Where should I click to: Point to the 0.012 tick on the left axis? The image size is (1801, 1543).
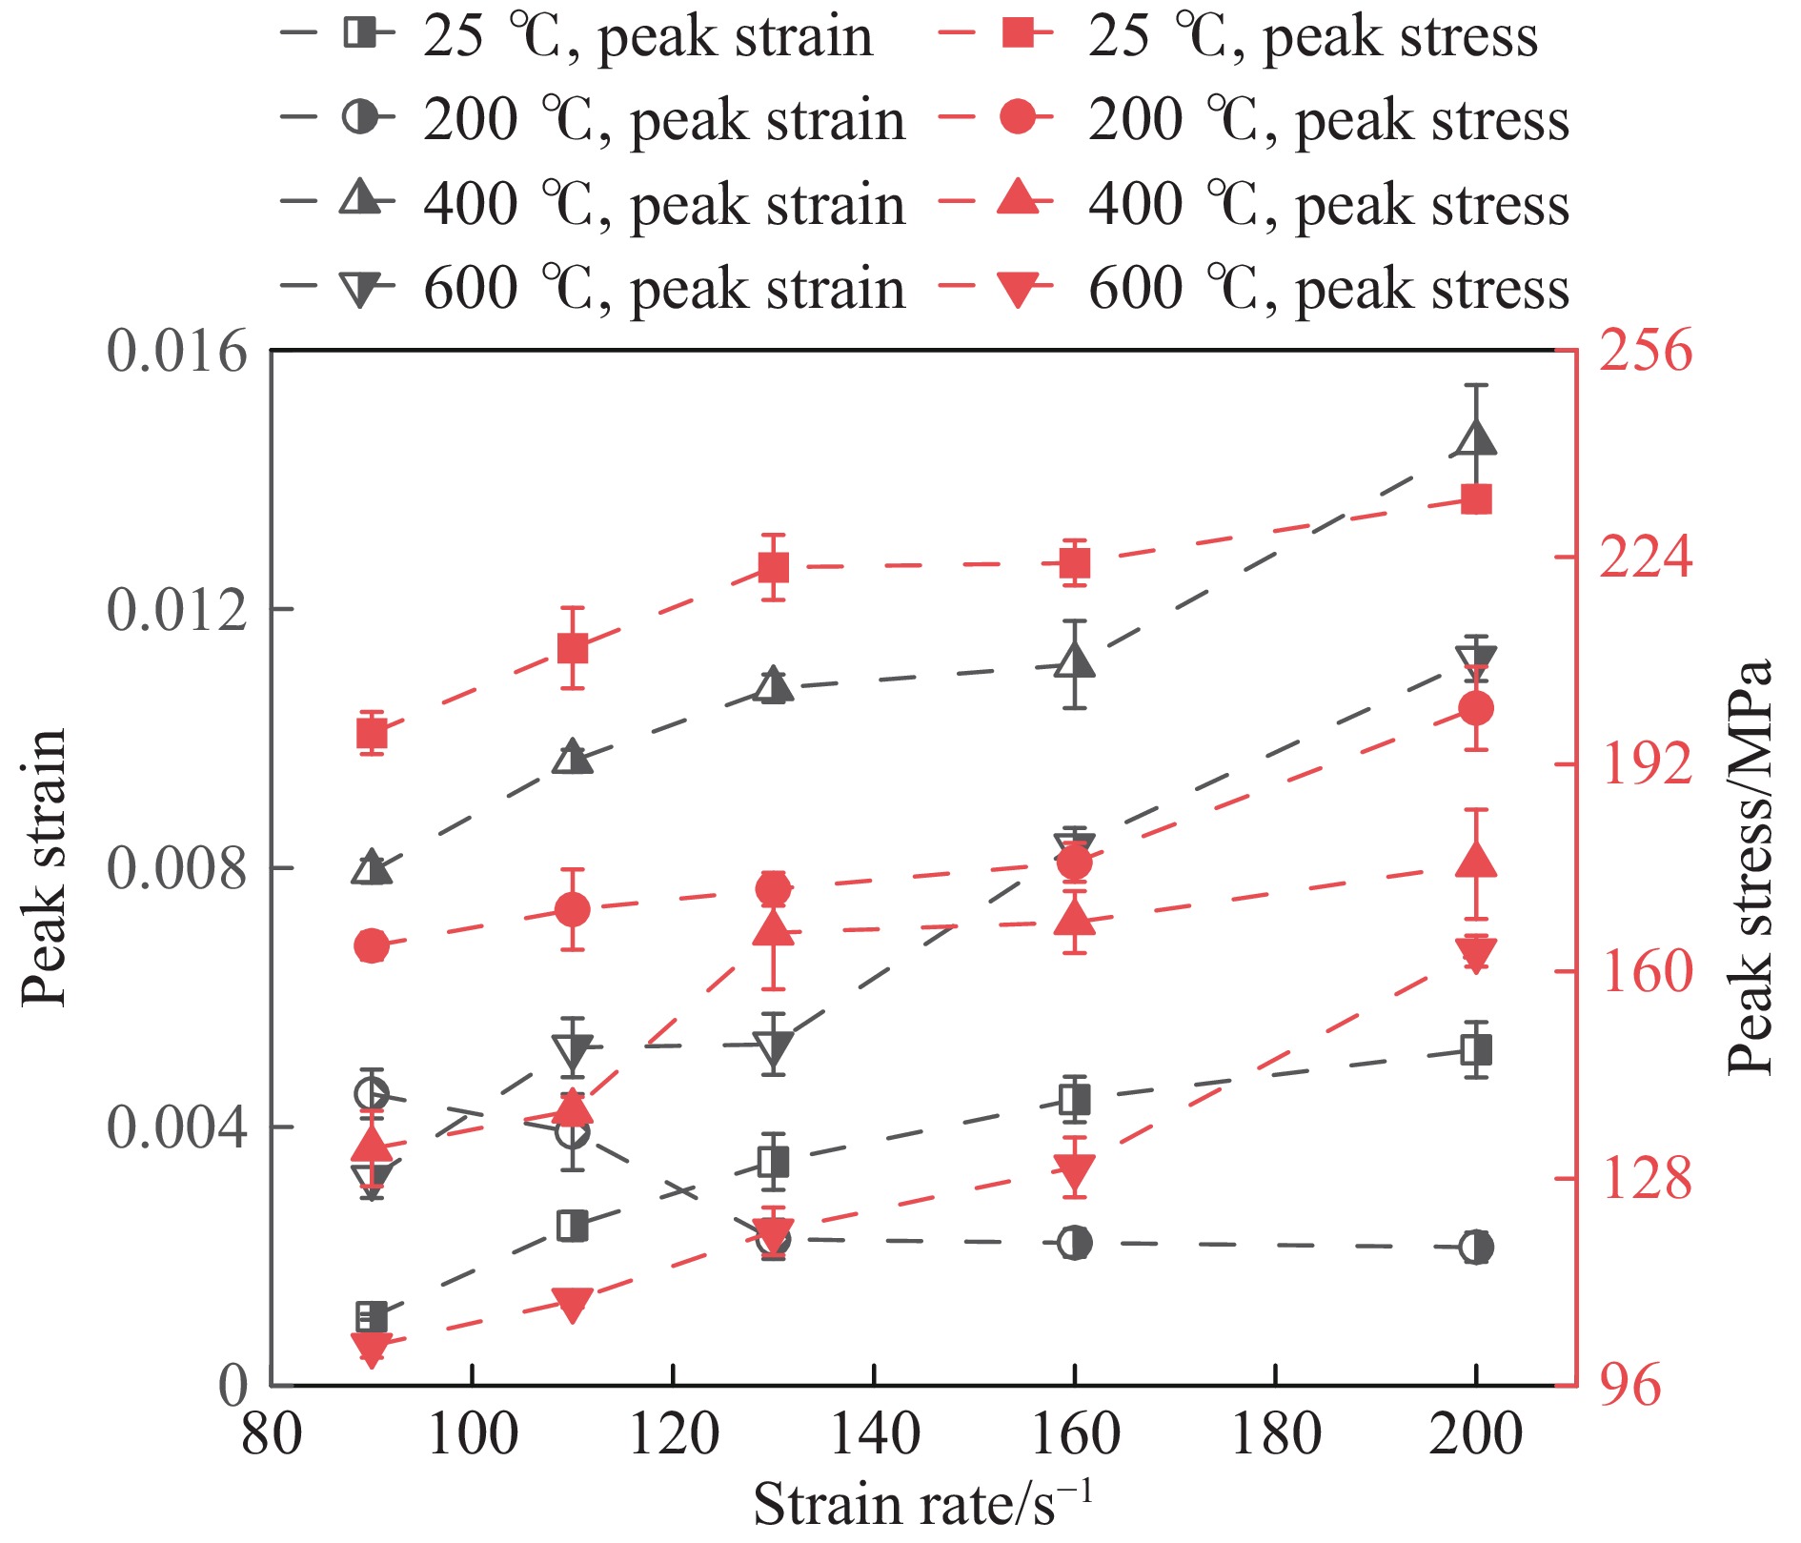point(177,609)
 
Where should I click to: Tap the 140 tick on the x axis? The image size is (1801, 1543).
point(874,1434)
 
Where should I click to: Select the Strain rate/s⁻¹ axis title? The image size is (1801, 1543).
point(921,1504)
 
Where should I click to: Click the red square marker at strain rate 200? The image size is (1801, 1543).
point(1476,499)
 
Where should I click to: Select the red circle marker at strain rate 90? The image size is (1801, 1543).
point(371,946)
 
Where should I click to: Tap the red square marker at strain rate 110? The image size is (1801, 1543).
point(572,649)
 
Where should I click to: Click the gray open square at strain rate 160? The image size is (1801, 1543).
point(1075,1100)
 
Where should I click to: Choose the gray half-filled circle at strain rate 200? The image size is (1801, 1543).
point(1476,1247)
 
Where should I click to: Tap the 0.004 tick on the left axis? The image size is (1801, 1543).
point(177,1127)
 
